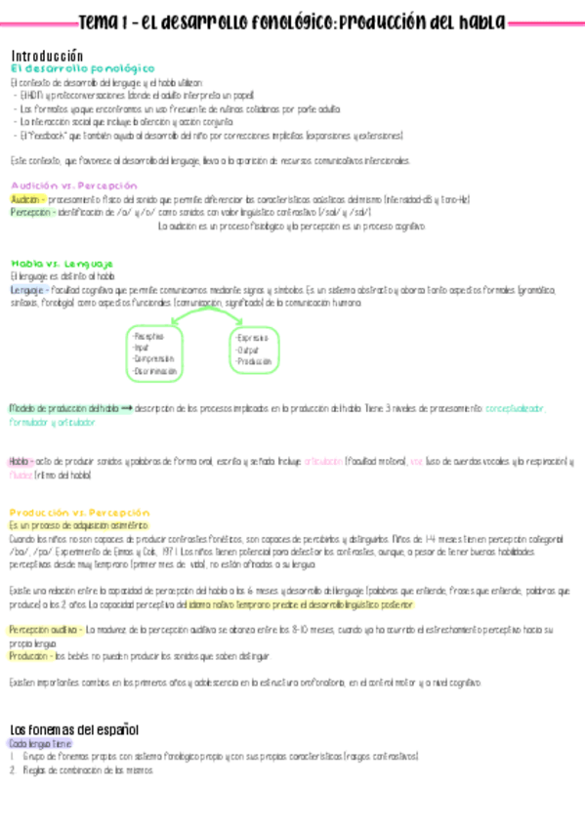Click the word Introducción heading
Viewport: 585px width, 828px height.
coord(47,57)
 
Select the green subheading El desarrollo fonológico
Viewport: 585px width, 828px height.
coord(82,69)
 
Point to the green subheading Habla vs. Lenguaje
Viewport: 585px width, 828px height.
coord(62,264)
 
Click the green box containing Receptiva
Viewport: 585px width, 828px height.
coord(154,353)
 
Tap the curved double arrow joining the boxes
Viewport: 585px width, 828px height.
coord(206,315)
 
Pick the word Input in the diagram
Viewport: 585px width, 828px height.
coord(142,348)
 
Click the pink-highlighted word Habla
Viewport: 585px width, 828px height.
coord(20,461)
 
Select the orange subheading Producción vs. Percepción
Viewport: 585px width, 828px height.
coord(80,512)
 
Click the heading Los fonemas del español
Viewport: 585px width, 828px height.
coord(74,729)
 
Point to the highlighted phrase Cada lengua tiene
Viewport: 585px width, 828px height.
coord(36,744)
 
